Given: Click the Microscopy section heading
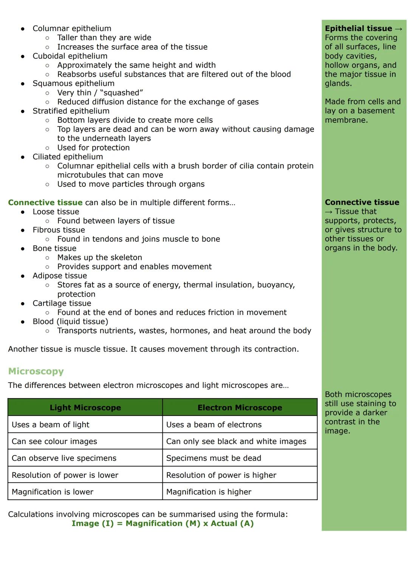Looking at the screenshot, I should point(36,371).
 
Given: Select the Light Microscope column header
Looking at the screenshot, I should point(85,408).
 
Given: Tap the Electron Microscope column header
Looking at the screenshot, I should point(240,408).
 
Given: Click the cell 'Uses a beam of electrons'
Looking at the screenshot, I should point(214,425).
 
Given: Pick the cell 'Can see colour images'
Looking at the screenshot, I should point(54,441).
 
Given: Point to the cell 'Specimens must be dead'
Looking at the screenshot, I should point(213,458).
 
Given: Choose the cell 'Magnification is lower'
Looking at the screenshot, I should point(53,492).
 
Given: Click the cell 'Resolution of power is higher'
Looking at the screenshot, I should point(221,475).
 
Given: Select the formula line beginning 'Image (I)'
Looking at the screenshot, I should point(162,523).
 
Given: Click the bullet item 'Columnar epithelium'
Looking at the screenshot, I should point(72,29).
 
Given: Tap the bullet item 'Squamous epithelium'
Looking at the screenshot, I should point(73,83).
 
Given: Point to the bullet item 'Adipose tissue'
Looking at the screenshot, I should point(60,276).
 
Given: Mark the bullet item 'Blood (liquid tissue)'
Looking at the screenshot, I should point(70,321).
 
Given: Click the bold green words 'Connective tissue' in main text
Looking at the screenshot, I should point(45,202).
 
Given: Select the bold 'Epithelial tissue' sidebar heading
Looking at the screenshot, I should point(358,29).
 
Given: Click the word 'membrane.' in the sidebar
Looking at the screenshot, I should point(346,120).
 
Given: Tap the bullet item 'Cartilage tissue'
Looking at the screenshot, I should point(62,303).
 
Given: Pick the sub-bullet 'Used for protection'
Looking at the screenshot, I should point(93,148).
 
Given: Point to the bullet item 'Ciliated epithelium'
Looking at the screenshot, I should point(68,157).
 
